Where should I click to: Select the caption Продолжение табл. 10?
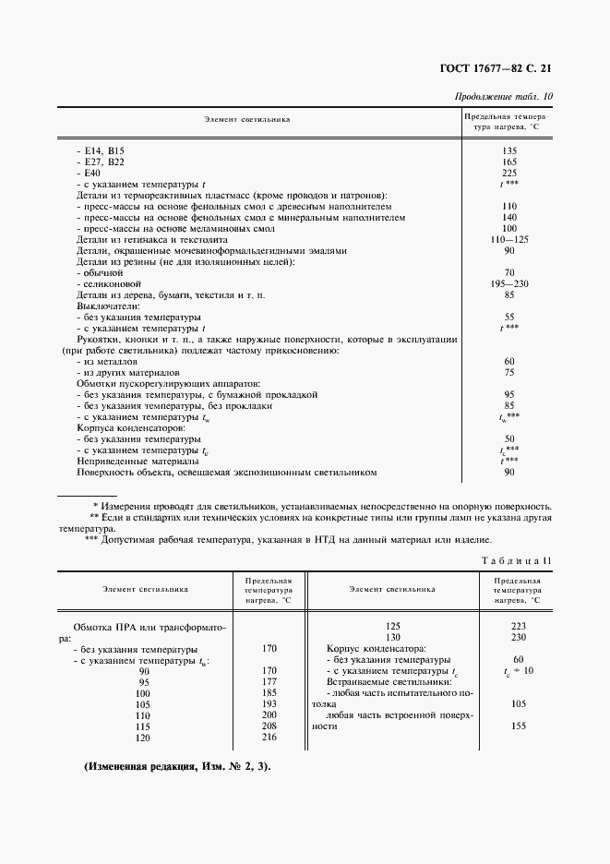point(505,97)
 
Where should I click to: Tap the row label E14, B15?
point(102,150)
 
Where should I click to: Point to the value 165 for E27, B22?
point(508,162)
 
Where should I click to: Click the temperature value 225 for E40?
point(508,173)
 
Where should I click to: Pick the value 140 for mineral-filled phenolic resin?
point(508,217)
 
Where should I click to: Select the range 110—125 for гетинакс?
point(508,239)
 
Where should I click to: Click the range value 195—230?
point(508,283)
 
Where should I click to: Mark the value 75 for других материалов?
point(508,372)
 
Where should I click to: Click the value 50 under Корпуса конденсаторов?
point(508,438)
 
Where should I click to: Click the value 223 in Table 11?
point(517,626)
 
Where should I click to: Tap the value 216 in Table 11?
point(269,737)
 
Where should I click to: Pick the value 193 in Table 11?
point(269,703)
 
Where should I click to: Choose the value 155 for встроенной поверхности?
point(518,726)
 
